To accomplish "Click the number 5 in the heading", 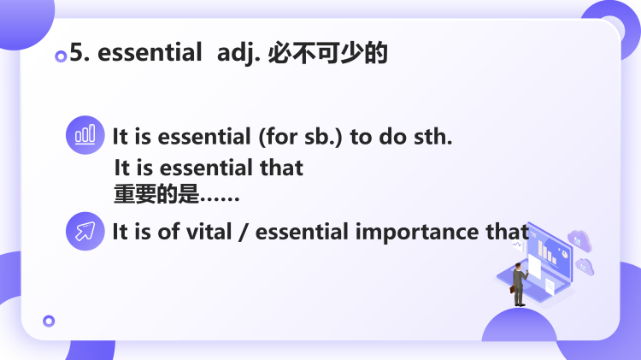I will pyautogui.click(x=75, y=54).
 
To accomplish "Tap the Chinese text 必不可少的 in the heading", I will pyautogui.click(x=328, y=54).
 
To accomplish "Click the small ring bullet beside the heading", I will pyautogui.click(x=61, y=56).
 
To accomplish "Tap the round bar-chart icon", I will pyautogui.click(x=85, y=136).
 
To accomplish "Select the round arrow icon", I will pyautogui.click(x=85, y=231).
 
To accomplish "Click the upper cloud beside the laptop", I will pyautogui.click(x=579, y=239).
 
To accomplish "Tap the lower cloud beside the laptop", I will pyautogui.click(x=585, y=266).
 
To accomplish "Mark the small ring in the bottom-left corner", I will pyautogui.click(x=49, y=321).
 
